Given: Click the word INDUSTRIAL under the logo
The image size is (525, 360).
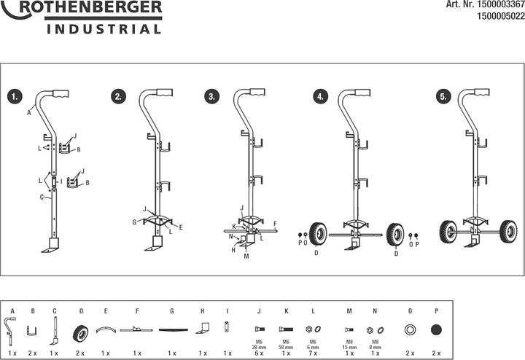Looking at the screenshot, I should (104, 30).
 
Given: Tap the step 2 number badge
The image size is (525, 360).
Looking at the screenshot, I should (117, 96).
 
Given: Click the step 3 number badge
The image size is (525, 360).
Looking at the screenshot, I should (211, 96).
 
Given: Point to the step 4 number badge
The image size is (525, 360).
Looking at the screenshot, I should (319, 96).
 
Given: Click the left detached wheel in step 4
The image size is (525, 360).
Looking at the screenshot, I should (318, 233).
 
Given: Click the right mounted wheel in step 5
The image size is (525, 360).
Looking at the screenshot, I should (507, 232).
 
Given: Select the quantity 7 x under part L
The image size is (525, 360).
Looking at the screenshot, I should (314, 353).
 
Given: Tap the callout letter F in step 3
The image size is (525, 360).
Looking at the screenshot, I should (275, 224).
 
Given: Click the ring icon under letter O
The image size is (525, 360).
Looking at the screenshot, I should (411, 330).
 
